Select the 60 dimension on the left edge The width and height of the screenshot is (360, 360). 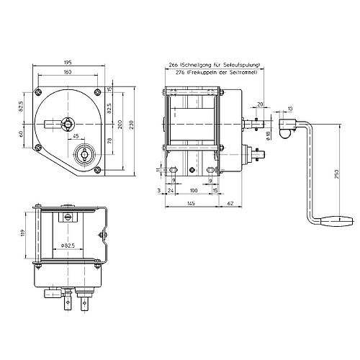(x=21, y=134)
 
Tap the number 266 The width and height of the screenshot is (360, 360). (x=173, y=65)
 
